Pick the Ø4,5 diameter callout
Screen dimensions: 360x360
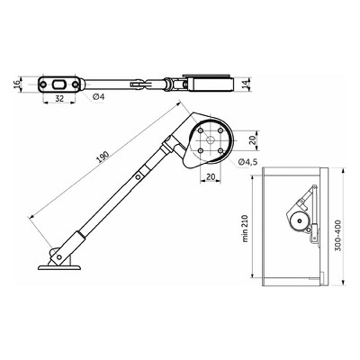coord(249,161)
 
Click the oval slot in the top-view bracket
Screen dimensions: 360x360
coord(58,84)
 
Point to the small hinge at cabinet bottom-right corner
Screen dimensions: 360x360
coord(315,238)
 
